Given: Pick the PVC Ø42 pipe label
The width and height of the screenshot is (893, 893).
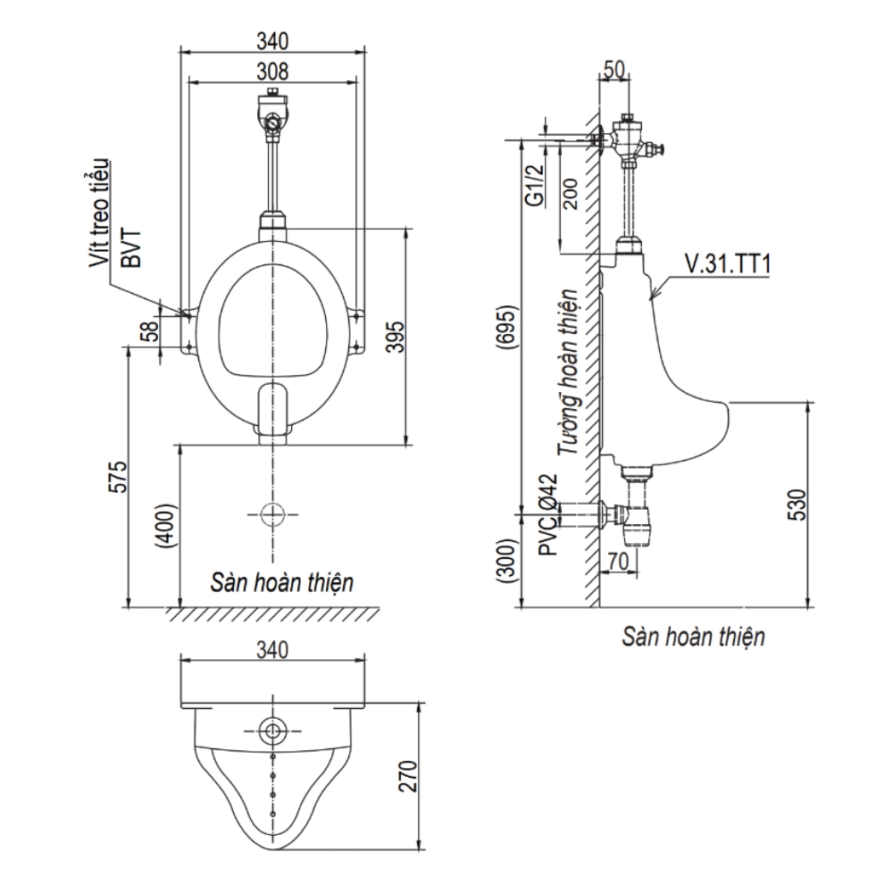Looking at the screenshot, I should coord(548,515).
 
